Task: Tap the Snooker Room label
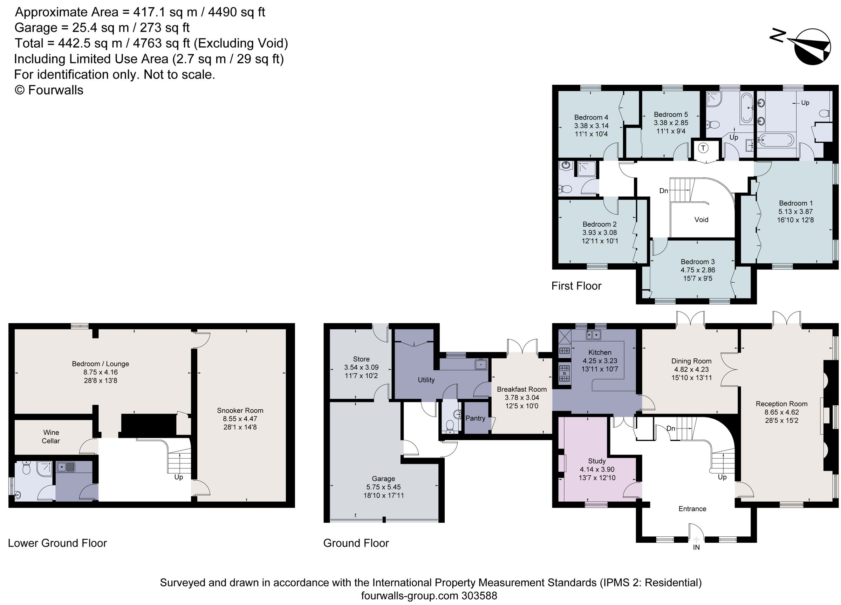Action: coord(240,410)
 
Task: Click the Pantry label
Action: coord(475,418)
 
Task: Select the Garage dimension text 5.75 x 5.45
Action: coord(383,487)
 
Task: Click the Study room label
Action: coord(597,461)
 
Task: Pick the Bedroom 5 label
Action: coord(671,115)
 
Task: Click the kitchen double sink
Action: coord(594,335)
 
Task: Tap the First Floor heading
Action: coord(576,286)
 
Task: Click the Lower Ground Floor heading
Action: coord(57,543)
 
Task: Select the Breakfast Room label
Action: coord(522,389)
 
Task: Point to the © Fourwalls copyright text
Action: coord(49,90)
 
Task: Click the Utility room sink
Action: coord(481,364)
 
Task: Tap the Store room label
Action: coord(361,359)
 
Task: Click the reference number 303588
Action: coord(479,596)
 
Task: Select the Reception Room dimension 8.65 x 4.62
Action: coord(782,412)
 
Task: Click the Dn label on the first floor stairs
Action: coord(663,191)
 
